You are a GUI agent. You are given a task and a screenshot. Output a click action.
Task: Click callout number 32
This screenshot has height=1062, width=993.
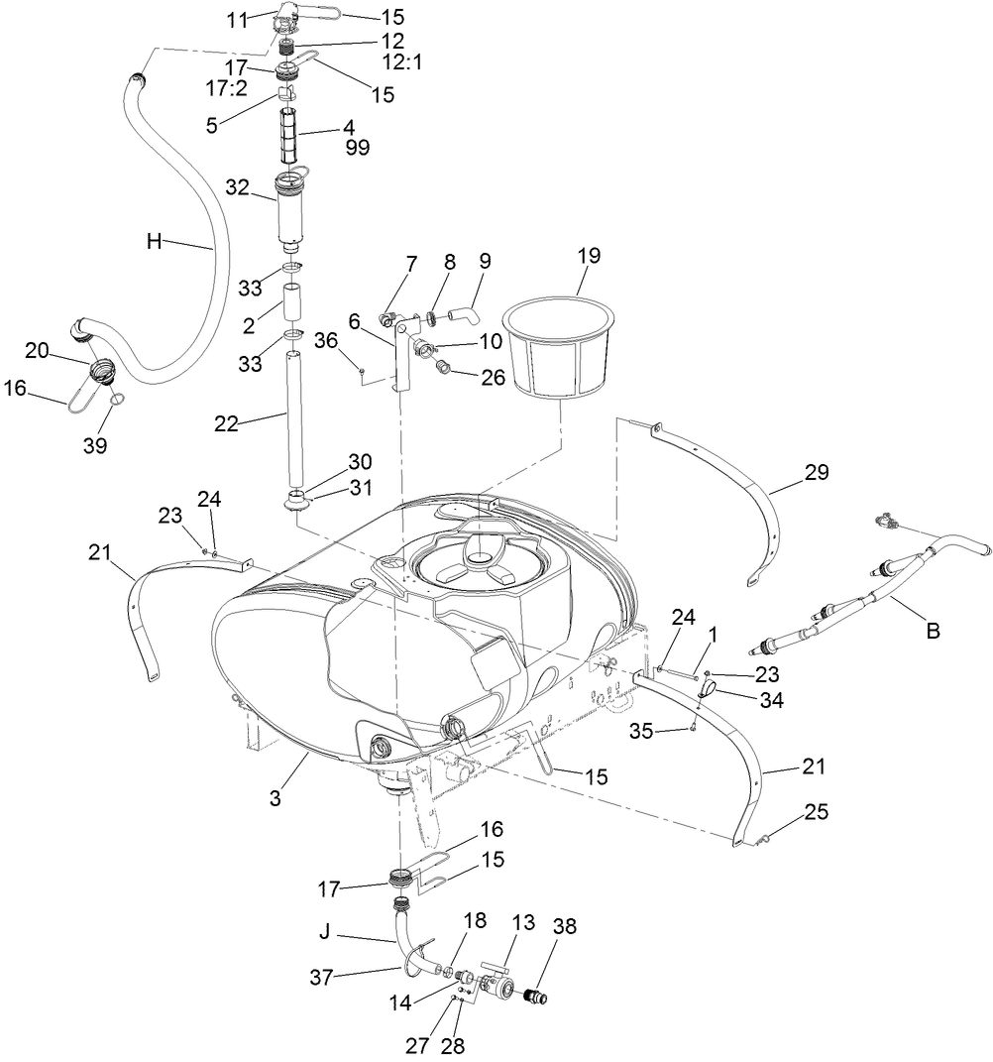pos(238,186)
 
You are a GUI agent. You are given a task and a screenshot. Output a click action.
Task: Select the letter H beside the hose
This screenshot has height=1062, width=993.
pos(154,241)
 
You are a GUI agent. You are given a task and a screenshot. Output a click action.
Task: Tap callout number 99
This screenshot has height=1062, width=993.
pos(358,148)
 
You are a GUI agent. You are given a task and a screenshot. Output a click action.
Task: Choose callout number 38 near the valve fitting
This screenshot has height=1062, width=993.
pos(565,926)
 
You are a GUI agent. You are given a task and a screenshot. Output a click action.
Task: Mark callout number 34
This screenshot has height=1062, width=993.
pos(773,701)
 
